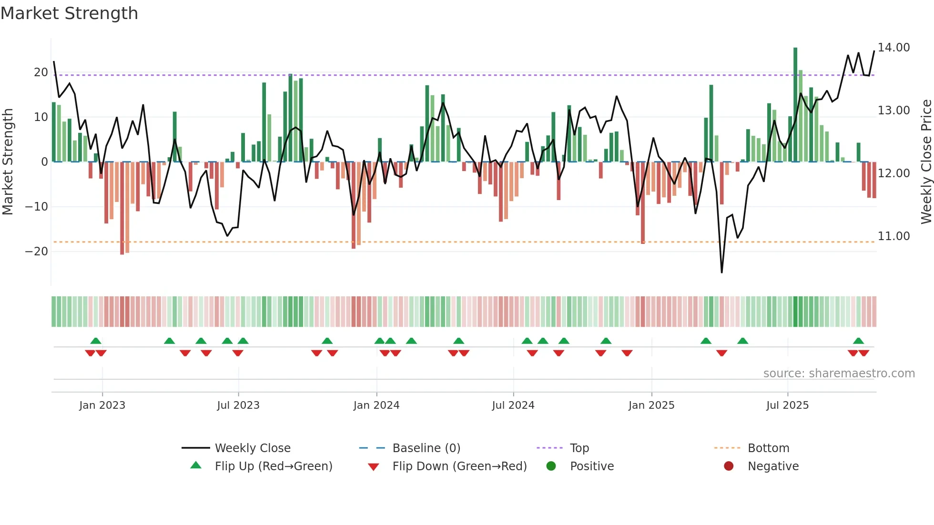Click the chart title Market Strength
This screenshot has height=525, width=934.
(x=69, y=13)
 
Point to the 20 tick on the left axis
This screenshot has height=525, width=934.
(x=41, y=72)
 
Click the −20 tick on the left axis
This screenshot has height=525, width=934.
(x=37, y=252)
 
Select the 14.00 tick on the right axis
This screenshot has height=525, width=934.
(x=893, y=48)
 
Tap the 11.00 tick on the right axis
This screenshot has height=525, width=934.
(x=893, y=236)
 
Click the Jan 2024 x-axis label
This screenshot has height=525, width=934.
(x=376, y=405)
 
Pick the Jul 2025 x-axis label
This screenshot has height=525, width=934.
(x=787, y=405)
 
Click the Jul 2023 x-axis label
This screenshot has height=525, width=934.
(x=238, y=405)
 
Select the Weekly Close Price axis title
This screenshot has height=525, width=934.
(x=926, y=162)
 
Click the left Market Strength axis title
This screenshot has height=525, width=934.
(x=8, y=162)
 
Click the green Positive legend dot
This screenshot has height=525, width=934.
(x=551, y=466)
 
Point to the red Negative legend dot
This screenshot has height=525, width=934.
(x=728, y=466)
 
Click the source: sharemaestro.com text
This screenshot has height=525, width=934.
(x=839, y=374)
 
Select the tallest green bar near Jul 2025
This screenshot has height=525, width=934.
(x=795, y=105)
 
